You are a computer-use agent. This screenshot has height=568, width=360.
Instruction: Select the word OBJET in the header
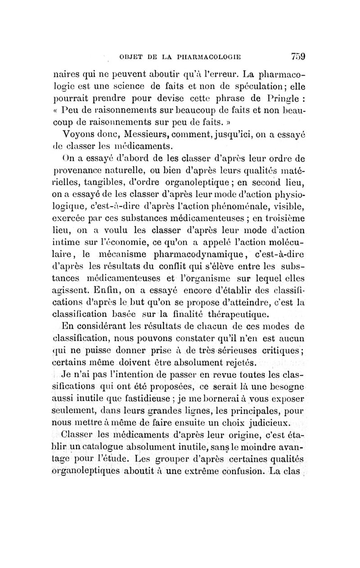pyautogui.click(x=132, y=57)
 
